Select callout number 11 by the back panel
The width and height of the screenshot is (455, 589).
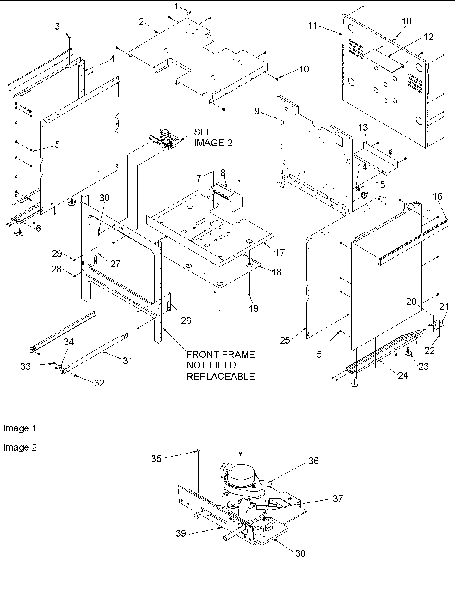[313, 26]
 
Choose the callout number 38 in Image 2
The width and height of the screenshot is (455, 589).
[300, 553]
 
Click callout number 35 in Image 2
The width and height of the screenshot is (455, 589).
[156, 458]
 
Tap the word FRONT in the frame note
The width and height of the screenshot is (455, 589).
[203, 354]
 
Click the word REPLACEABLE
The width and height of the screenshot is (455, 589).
[220, 376]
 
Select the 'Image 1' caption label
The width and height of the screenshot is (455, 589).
[20, 428]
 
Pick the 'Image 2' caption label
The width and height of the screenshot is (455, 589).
[20, 447]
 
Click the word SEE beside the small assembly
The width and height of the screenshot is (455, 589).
[203, 132]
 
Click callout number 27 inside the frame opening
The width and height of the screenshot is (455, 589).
[116, 264]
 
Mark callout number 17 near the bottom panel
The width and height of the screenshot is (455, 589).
[280, 253]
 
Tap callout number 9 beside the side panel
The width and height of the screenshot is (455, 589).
[256, 111]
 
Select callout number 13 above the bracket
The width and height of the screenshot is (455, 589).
[363, 127]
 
